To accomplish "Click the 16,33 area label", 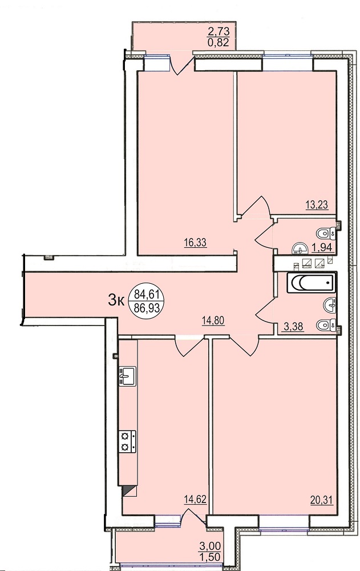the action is [196, 243].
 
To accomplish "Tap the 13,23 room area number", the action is [317, 205].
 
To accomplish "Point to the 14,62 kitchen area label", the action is [196, 499].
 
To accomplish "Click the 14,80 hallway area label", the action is [213, 320].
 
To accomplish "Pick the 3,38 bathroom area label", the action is [293, 326].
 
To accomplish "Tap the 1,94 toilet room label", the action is [322, 247].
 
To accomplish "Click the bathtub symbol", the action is [311, 282].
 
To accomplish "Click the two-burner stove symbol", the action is [127, 441].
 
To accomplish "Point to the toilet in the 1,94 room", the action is [326, 232].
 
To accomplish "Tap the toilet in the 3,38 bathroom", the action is [326, 324].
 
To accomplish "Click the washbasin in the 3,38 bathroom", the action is [329, 305].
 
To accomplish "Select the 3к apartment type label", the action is [117, 300].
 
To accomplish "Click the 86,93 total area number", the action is [147, 308].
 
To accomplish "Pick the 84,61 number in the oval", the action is [147, 292].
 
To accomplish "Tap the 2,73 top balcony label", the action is [219, 31].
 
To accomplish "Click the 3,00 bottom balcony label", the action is [210, 546].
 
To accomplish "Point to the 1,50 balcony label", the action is [210, 557].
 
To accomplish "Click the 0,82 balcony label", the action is [219, 43].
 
